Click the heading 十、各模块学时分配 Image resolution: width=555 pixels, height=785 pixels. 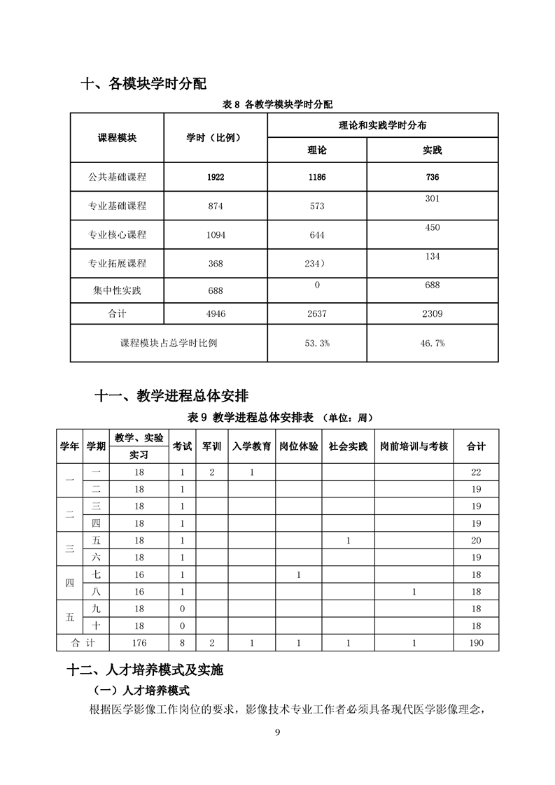tap(144, 85)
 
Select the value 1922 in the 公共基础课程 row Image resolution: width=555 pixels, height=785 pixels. tap(216, 177)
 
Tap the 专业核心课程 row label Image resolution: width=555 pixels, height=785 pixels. tap(117, 235)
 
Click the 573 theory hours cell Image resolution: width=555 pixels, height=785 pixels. tap(317, 206)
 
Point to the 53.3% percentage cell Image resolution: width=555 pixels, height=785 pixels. tap(317, 343)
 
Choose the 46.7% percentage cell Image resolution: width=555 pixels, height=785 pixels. tap(432, 343)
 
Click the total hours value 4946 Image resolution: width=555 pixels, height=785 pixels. tap(216, 314)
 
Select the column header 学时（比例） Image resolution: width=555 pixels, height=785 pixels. tap(216, 137)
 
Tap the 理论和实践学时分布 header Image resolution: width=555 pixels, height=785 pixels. tap(383, 125)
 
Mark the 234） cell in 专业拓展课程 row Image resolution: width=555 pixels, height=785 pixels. tap(317, 263)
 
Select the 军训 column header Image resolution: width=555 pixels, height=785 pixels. tap(211, 446)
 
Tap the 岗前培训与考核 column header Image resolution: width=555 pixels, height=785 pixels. tap(414, 446)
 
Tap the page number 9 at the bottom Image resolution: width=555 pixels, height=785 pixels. tap(278, 732)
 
